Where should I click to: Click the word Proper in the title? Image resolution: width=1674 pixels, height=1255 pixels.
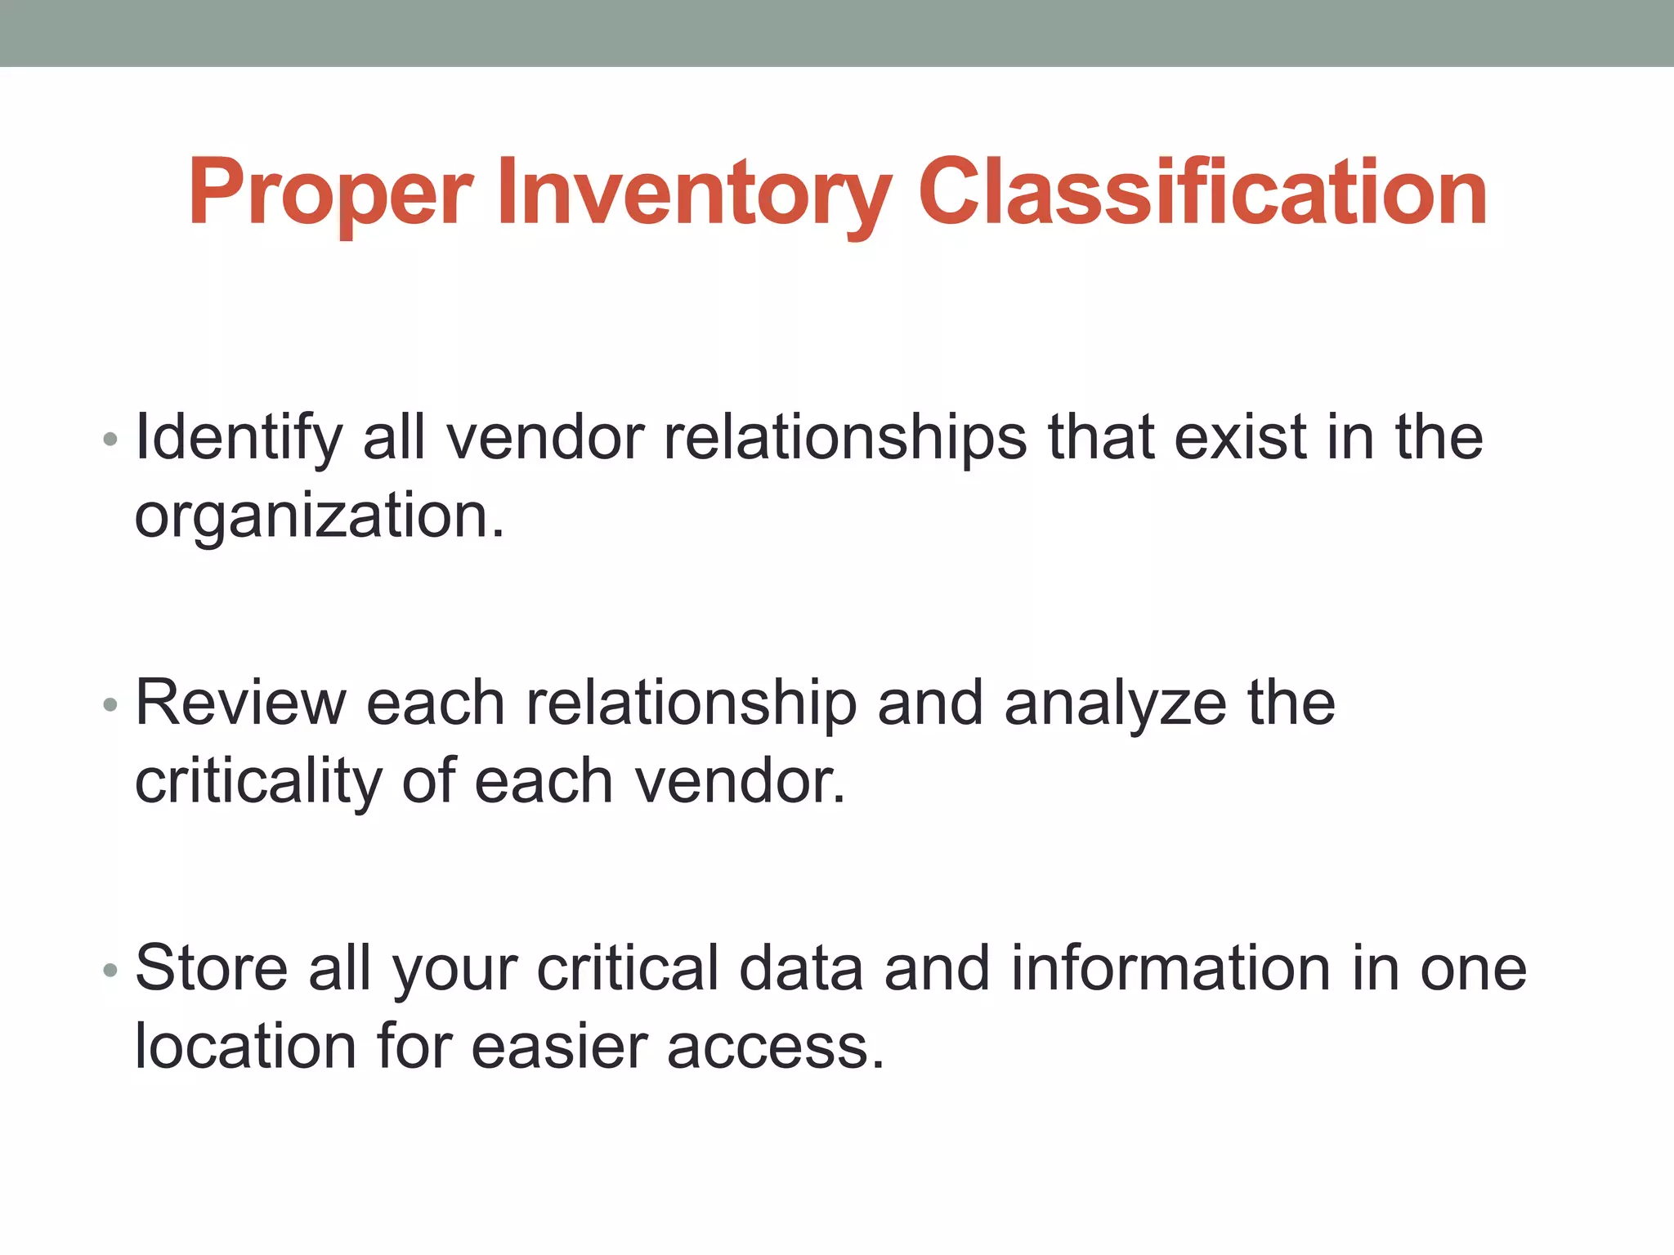(x=330, y=193)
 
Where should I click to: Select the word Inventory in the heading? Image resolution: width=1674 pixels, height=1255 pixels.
(x=693, y=193)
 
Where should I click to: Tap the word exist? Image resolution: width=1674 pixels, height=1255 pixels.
(x=1240, y=437)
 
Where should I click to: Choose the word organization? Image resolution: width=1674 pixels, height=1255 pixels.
(x=319, y=516)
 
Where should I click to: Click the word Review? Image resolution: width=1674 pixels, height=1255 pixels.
(x=240, y=703)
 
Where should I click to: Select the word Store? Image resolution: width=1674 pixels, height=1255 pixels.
(x=211, y=968)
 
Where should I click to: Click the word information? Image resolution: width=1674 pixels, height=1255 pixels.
(x=1170, y=968)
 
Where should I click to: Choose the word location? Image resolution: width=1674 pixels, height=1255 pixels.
(x=245, y=1047)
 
